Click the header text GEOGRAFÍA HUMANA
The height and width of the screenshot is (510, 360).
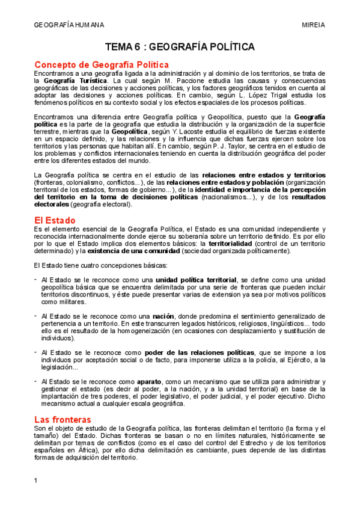(x=69, y=25)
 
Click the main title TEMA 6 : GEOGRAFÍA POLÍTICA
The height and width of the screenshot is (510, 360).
(x=180, y=46)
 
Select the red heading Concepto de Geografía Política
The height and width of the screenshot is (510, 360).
(x=102, y=64)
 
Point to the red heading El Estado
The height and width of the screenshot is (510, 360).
(x=56, y=220)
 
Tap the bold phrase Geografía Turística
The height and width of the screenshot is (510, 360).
(x=76, y=80)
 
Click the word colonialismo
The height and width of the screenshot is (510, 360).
(x=88, y=182)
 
